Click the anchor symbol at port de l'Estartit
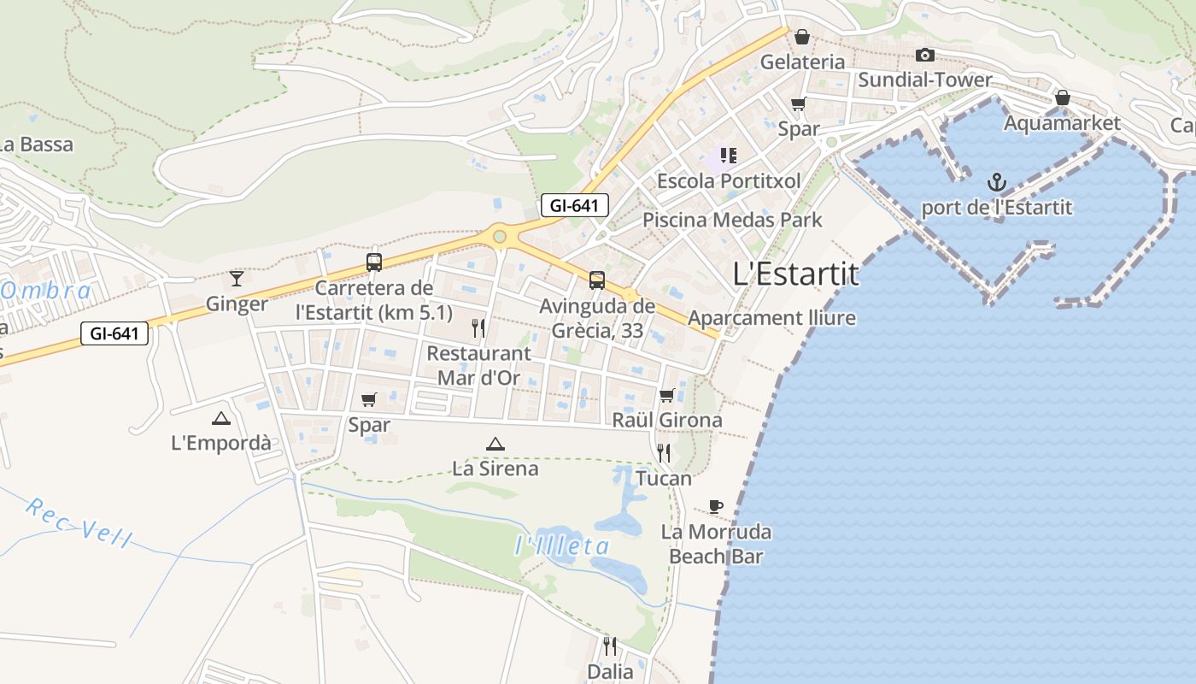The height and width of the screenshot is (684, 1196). (996, 182)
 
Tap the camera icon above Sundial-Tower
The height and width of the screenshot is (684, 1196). (924, 56)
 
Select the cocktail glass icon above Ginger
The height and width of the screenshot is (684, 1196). (237, 278)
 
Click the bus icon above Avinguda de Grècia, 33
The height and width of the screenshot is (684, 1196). (597, 280)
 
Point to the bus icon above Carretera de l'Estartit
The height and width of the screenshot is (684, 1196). (373, 262)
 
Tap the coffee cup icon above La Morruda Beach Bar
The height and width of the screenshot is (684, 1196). (716, 506)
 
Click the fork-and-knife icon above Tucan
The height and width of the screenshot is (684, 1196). (664, 452)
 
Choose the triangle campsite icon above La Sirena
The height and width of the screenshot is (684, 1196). (495, 444)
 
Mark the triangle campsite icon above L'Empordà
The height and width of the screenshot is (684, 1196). (221, 418)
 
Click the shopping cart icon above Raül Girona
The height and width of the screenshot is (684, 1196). (667, 395)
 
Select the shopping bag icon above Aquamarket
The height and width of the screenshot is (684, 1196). (1062, 97)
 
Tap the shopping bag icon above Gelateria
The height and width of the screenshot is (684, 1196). (801, 37)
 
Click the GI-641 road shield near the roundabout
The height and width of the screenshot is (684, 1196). (574, 205)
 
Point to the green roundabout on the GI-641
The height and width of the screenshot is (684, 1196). (499, 236)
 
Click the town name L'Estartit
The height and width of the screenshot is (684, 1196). (795, 274)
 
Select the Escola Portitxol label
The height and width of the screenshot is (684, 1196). (729, 181)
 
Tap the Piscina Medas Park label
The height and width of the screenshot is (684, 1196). (732, 220)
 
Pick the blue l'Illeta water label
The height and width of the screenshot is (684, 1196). (563, 545)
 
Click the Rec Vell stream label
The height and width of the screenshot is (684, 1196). (79, 522)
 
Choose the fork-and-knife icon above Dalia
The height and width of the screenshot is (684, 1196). (610, 646)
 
